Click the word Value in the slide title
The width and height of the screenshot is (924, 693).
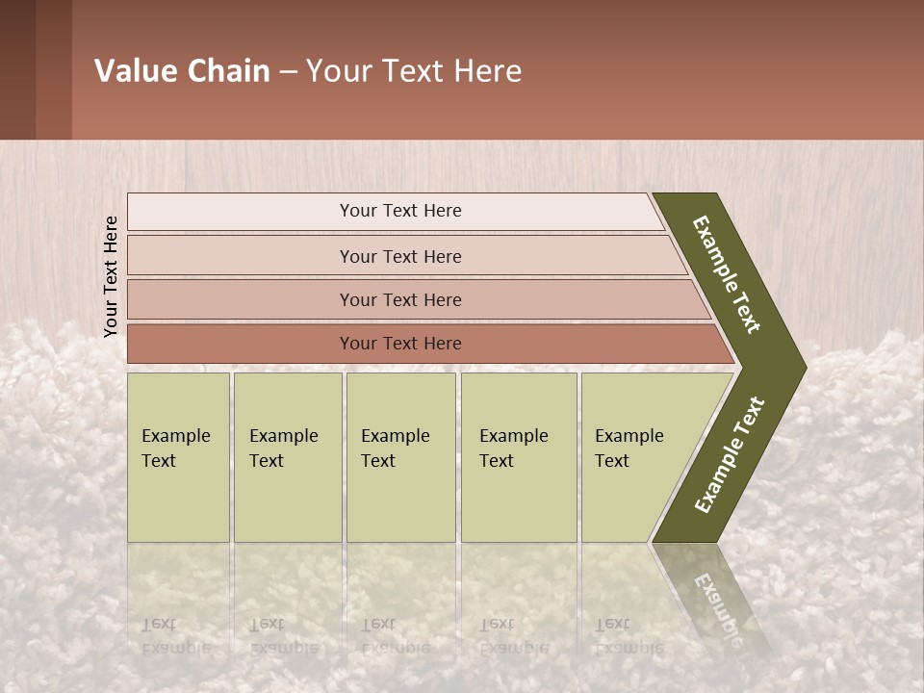tap(134, 71)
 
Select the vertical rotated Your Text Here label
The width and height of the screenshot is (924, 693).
tap(111, 276)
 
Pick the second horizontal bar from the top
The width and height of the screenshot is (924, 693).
tap(399, 256)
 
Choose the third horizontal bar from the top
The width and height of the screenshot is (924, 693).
tap(399, 299)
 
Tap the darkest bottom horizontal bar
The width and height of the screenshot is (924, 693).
tap(399, 344)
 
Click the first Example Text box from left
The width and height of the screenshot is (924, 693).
tap(178, 457)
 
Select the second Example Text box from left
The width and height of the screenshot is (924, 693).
tap(287, 457)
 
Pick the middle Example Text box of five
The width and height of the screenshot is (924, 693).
tap(400, 457)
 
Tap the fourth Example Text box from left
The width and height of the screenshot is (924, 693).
tap(518, 457)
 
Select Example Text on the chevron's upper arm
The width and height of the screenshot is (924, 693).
tap(728, 274)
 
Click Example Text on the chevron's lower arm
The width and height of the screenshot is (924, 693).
tap(729, 455)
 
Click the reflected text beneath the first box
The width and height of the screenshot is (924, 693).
tap(175, 636)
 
